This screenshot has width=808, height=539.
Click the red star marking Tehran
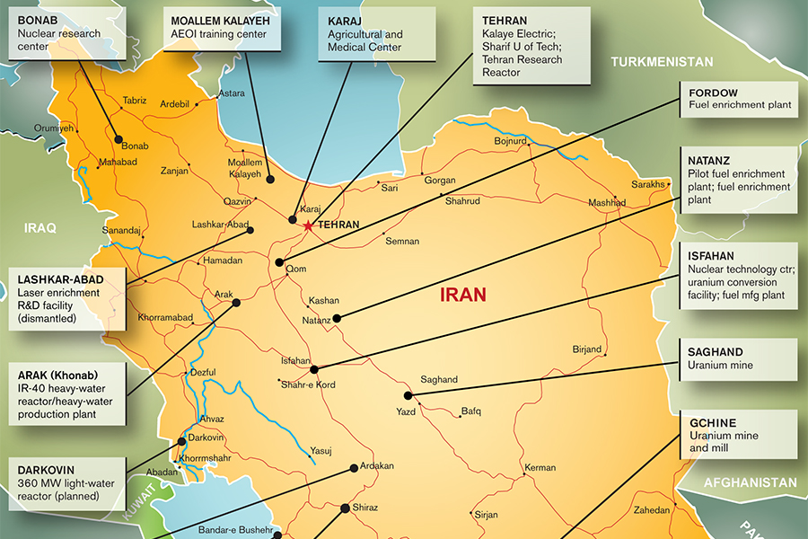click(x=308, y=225)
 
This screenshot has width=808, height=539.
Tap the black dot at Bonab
click(x=118, y=138)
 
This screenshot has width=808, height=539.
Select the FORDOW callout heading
click(x=713, y=93)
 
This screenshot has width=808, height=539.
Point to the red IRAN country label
click(x=463, y=294)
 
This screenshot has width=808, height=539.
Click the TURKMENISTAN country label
click(x=662, y=62)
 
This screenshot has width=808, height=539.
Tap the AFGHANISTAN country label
click(x=750, y=482)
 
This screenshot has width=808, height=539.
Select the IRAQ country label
click(x=40, y=228)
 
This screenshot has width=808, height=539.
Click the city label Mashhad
click(x=607, y=203)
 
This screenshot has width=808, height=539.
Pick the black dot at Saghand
click(x=408, y=395)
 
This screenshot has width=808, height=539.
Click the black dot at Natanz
click(x=337, y=318)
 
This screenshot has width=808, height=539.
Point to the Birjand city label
click(x=586, y=349)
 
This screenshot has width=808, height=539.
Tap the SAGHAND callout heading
click(x=716, y=352)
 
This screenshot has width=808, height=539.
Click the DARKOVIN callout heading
click(x=46, y=469)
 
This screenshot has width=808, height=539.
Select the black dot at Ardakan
click(x=354, y=468)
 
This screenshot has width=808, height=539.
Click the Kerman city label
click(x=540, y=468)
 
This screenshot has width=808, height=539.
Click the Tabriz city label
click(x=135, y=101)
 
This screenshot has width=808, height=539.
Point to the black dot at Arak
click(x=237, y=303)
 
